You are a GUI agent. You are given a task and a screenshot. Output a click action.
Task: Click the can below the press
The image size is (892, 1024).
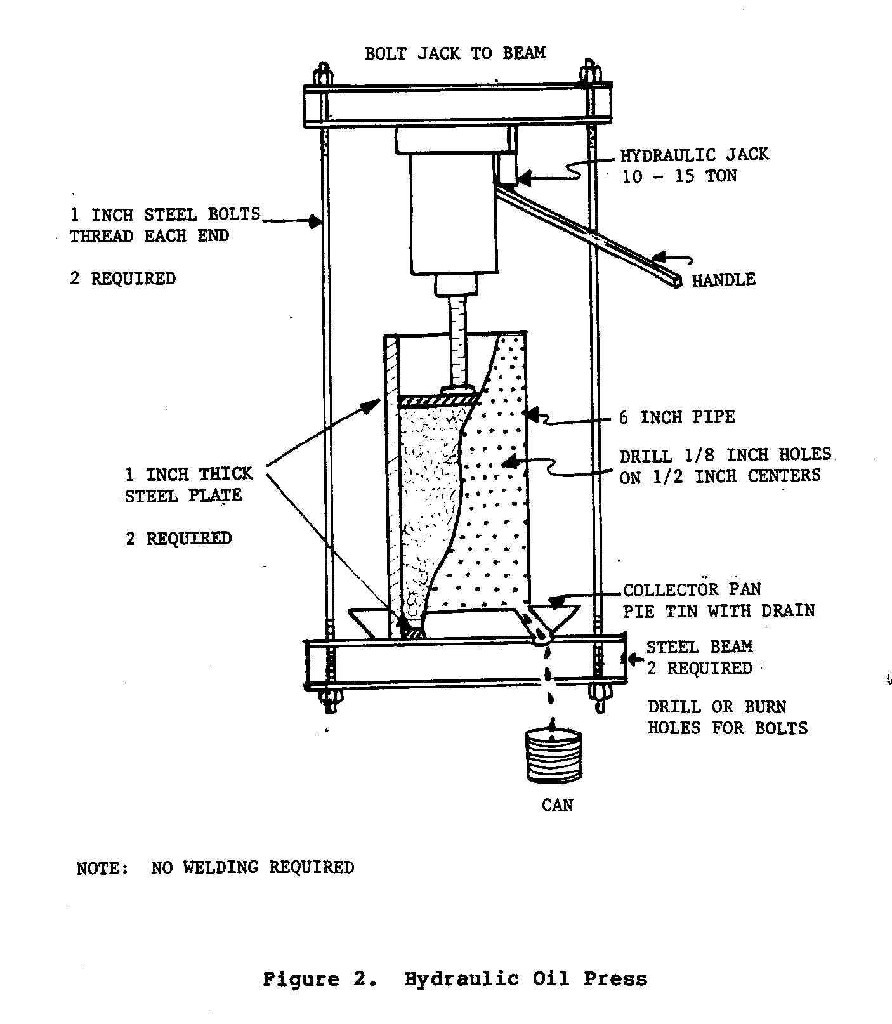tap(553, 756)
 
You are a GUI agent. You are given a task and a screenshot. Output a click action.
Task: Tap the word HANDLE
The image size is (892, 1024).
tap(723, 280)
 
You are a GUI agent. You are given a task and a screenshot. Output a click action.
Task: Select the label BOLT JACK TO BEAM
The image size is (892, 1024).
tap(455, 53)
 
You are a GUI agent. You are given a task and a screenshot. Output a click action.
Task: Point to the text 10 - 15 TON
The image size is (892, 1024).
tap(679, 176)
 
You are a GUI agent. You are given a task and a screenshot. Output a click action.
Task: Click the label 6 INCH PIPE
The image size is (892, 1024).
tap(677, 417)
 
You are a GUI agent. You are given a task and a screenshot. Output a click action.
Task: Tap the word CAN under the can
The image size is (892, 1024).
tap(557, 805)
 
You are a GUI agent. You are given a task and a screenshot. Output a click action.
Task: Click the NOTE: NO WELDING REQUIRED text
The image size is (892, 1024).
tap(215, 867)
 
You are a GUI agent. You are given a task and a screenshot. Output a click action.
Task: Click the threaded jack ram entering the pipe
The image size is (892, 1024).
tap(456, 343)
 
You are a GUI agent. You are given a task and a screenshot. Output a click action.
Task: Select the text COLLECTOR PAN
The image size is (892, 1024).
tap(692, 590)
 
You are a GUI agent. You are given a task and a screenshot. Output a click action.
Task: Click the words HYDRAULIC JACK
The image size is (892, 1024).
tap(694, 155)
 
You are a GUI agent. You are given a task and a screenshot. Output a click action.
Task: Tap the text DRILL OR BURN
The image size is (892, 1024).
tap(717, 707)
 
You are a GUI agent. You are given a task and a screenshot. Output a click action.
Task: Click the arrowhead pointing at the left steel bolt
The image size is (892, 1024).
tap(313, 221)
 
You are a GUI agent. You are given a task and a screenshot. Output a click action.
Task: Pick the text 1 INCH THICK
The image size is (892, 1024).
tap(188, 475)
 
